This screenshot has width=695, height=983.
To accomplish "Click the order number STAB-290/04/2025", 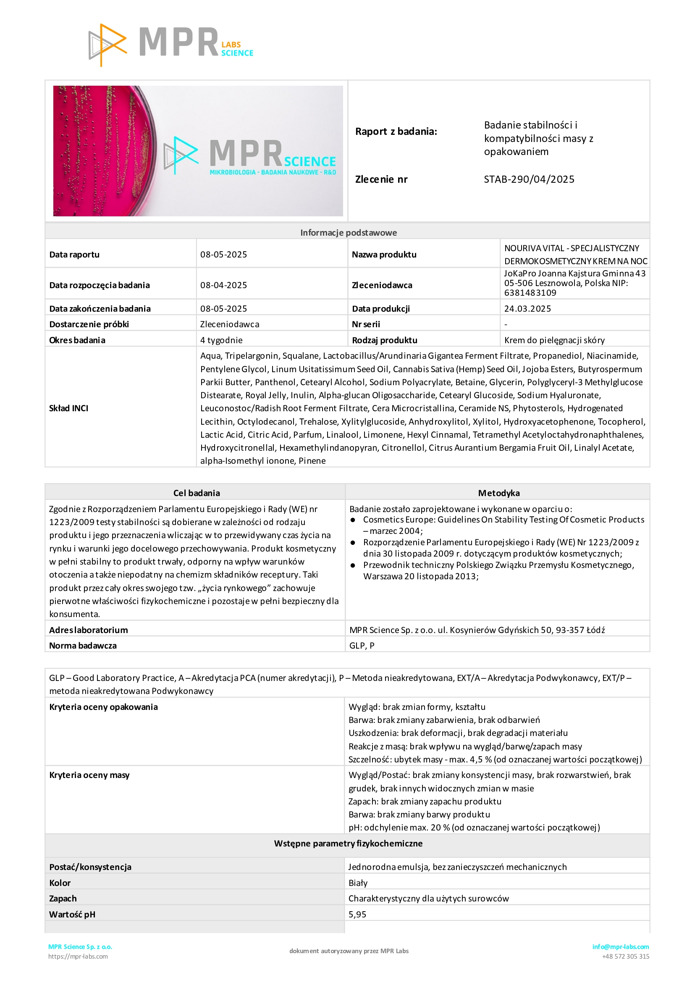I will pyautogui.click(x=529, y=179).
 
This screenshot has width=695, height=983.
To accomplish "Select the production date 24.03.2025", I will pyautogui.click(x=527, y=309).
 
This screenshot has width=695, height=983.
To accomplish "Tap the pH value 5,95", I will pyautogui.click(x=357, y=915).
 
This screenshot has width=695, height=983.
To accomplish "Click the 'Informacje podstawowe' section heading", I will pyautogui.click(x=349, y=232).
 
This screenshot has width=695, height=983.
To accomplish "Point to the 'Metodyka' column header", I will pyautogui.click(x=498, y=493).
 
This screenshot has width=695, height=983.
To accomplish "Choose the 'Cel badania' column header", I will pyautogui.click(x=197, y=493).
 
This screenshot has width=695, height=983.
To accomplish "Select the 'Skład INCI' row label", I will pyautogui.click(x=68, y=408).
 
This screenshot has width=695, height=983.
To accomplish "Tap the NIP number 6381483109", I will pyautogui.click(x=530, y=293).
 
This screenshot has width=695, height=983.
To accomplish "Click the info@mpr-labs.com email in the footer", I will pyautogui.click(x=620, y=946).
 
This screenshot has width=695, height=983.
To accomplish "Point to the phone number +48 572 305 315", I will pyautogui.click(x=625, y=956).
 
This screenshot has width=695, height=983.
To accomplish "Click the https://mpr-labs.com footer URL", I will pyautogui.click(x=78, y=956).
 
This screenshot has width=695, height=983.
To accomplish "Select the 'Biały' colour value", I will pyautogui.click(x=358, y=883).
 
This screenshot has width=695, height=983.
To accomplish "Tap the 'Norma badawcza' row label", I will pyautogui.click(x=83, y=646).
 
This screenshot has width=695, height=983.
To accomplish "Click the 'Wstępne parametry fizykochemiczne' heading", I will pyautogui.click(x=348, y=844).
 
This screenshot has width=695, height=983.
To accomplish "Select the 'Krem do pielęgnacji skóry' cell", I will pyautogui.click(x=554, y=340).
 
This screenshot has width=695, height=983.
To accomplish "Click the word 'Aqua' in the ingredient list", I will pyautogui.click(x=210, y=356).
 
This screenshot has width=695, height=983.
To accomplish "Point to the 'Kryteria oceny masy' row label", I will pyautogui.click(x=89, y=775).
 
